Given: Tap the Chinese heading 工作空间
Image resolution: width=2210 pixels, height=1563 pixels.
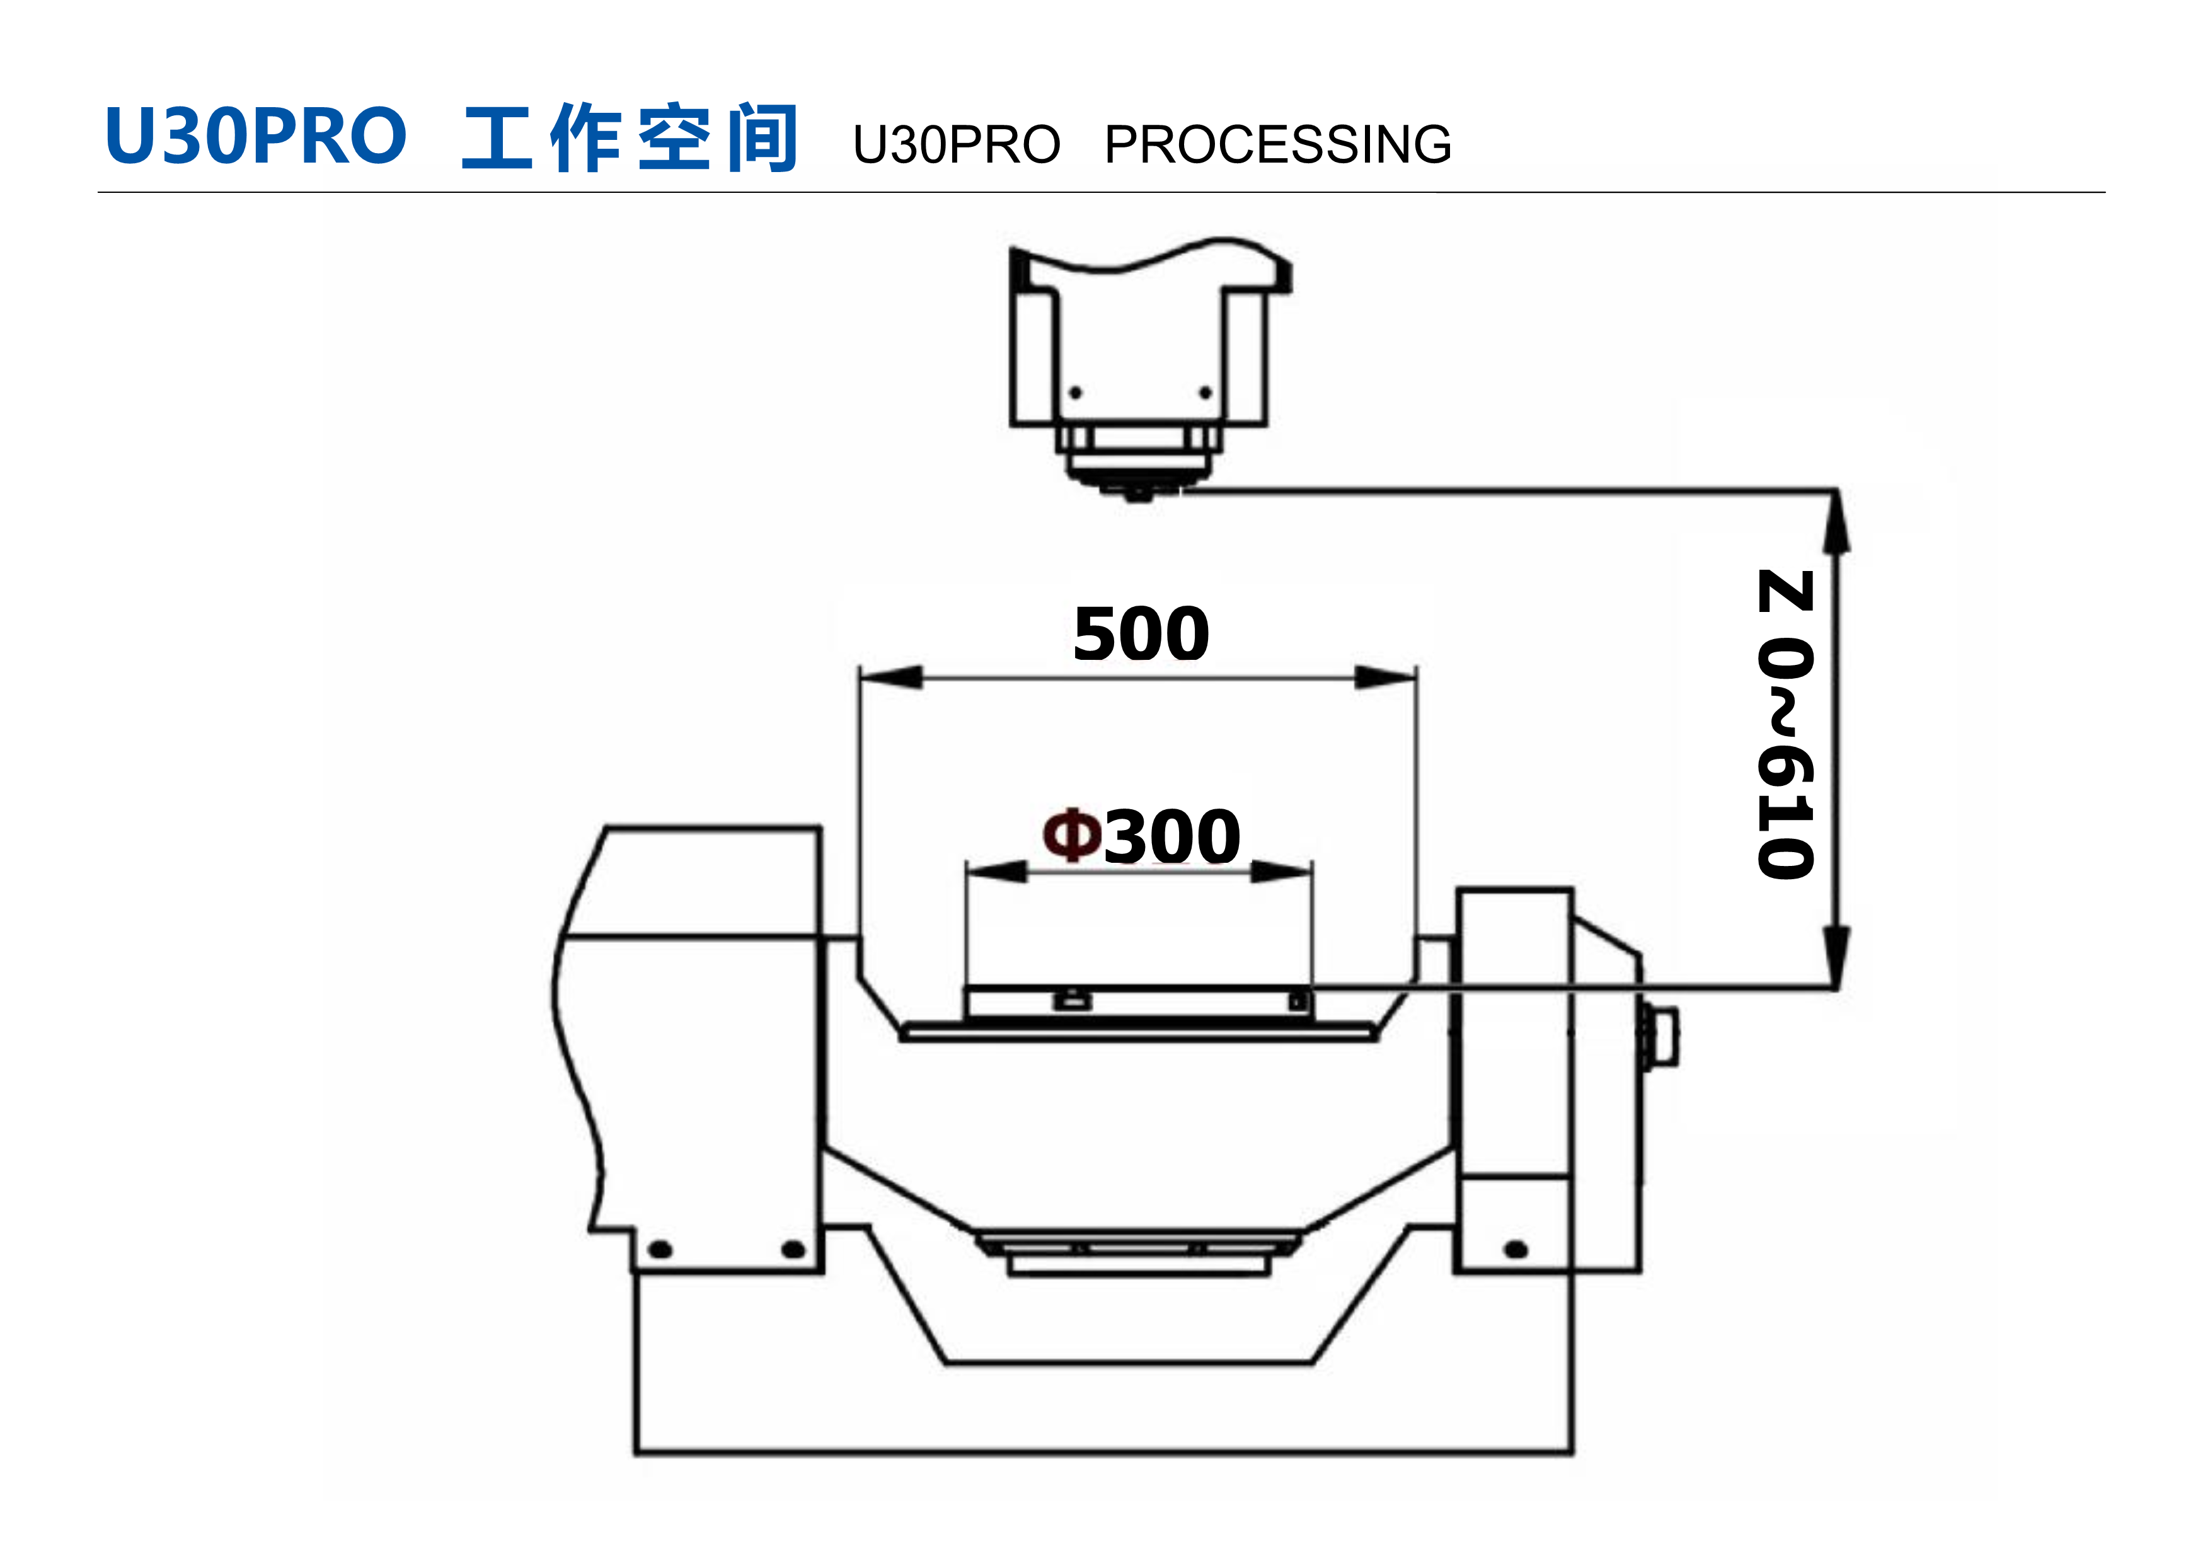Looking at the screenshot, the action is [630, 137].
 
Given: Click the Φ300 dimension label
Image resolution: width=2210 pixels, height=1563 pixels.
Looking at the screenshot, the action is [1142, 836].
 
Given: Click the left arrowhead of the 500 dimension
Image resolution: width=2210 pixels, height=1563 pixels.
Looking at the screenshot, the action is [891, 678].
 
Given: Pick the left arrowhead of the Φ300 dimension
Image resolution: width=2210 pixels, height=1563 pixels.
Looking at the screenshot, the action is [997, 872].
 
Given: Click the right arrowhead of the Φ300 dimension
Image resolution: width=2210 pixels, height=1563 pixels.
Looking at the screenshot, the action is [1281, 872].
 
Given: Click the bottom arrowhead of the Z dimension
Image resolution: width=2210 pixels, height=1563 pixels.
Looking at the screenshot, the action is [1838, 955].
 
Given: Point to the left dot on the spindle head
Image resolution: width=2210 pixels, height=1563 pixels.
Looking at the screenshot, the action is [1076, 393].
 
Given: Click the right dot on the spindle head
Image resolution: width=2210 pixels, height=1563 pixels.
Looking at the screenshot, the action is [1205, 393].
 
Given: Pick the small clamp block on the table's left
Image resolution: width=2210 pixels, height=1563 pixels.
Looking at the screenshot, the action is [1073, 1000].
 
